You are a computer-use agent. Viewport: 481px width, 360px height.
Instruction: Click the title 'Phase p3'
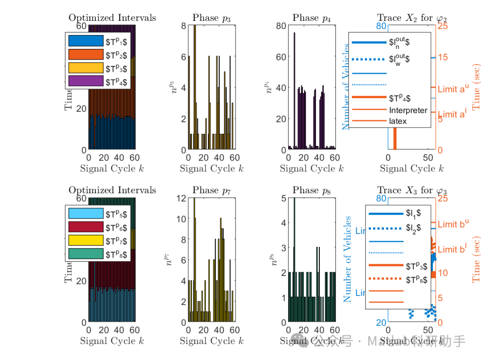coord(212,18)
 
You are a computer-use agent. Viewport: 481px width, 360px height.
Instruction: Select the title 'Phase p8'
coord(312,190)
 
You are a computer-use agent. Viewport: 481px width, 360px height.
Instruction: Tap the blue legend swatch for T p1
coord(86,41)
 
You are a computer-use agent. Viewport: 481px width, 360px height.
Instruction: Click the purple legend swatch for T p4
coord(86,81)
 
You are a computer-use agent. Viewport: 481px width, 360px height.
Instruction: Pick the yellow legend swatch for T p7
coord(86,241)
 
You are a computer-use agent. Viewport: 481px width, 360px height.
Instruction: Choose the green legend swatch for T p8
coord(86,255)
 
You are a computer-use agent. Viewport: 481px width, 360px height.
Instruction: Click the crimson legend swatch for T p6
coord(86,227)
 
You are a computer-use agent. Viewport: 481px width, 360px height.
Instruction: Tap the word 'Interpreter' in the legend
coord(408,110)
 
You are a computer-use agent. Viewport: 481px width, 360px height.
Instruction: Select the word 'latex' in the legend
coord(398,121)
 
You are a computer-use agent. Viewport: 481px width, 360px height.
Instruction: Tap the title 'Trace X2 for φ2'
coord(412,18)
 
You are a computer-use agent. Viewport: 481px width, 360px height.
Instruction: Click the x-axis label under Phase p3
coord(212,169)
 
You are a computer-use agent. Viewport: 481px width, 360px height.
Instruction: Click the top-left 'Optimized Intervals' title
coord(112,18)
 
